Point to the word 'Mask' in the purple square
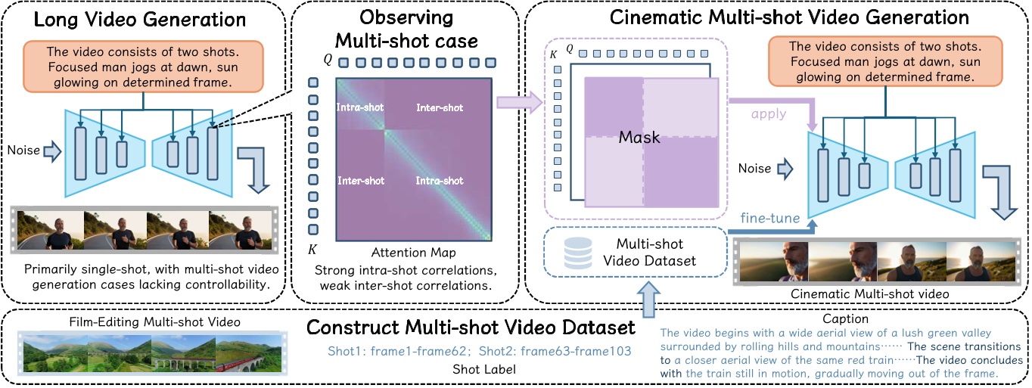coord(639,137)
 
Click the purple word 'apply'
coord(769,115)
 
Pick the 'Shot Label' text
coord(479,370)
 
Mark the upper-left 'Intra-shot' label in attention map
coord(358,108)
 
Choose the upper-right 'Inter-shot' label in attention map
coord(440,108)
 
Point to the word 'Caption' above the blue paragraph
coord(847,320)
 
